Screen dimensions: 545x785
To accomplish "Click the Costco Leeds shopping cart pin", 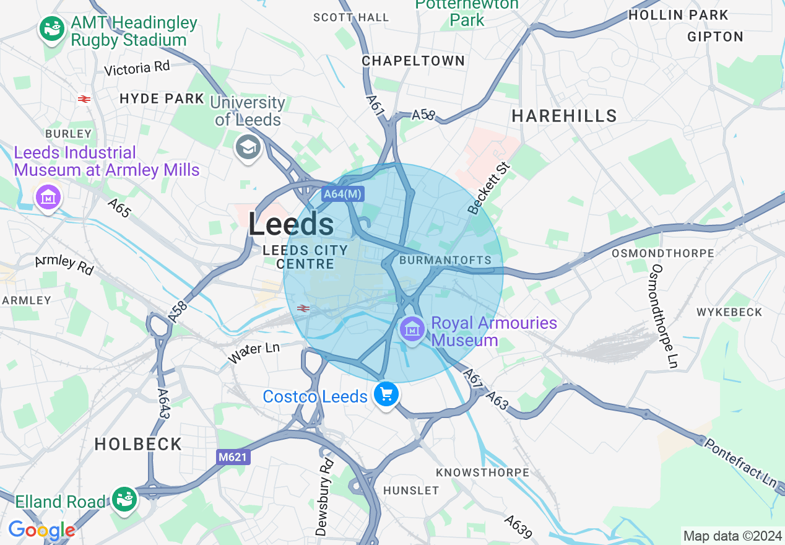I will (386, 394).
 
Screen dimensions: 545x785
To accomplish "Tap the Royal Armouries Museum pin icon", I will (412, 329).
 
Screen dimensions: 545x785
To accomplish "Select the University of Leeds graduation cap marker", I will (248, 147).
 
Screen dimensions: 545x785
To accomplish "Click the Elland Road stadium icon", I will (124, 499).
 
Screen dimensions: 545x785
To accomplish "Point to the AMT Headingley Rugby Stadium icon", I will (52, 28).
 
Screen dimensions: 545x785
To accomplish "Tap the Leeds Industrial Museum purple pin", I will (49, 198).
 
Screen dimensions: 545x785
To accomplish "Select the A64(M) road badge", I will (343, 194).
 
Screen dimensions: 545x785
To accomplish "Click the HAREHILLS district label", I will (564, 116).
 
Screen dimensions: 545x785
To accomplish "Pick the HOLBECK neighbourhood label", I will (138, 444).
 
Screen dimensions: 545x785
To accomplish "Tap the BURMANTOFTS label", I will (445, 260).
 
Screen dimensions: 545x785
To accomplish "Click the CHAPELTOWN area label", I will (413, 61).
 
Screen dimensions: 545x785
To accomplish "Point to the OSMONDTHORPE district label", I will (662, 253).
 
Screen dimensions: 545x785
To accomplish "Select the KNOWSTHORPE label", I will (482, 473).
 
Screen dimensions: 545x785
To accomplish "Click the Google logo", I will (41, 530).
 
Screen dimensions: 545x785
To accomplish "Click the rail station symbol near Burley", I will (85, 99).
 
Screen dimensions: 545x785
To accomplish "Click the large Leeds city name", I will (291, 224).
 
